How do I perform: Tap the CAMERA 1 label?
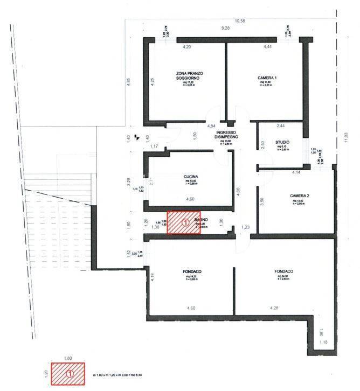click(x=267, y=79)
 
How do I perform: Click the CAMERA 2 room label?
click(x=299, y=195)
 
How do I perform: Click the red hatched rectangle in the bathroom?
click(x=183, y=222)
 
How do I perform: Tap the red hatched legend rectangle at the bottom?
click(x=68, y=373)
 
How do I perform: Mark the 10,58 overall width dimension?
click(x=225, y=20)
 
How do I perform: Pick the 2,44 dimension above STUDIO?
click(x=280, y=125)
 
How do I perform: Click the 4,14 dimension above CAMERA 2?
click(x=296, y=172)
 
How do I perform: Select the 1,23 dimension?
click(x=246, y=228)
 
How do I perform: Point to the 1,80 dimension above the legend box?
click(x=68, y=358)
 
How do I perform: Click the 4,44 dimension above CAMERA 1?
click(x=268, y=48)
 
